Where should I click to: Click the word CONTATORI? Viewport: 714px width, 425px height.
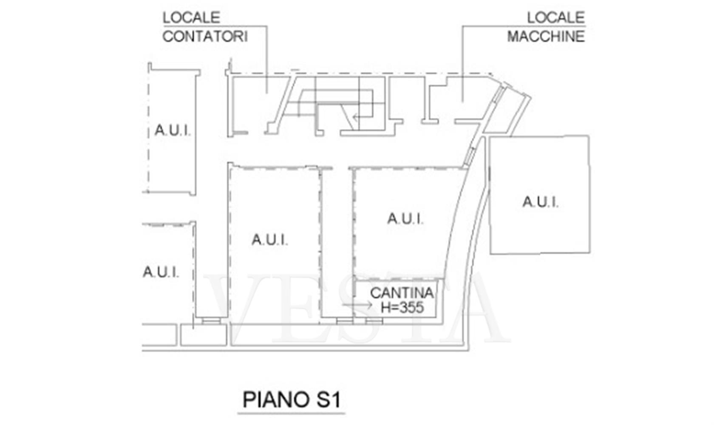(205, 37)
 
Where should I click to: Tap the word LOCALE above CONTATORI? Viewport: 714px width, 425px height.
(191, 17)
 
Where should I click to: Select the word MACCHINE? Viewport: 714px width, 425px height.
(546, 37)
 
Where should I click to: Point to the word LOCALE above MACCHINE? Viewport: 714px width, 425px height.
(556, 17)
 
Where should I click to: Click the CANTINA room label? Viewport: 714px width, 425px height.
(402, 293)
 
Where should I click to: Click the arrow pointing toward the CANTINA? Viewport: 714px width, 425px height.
(357, 305)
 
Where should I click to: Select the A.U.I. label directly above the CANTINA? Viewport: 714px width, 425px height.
(405, 219)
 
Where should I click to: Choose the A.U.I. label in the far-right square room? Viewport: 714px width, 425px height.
(541, 202)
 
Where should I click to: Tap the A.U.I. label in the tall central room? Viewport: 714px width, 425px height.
(270, 240)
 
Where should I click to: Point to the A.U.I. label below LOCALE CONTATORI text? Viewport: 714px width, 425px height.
(173, 130)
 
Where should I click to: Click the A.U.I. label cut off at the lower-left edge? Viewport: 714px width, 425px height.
(161, 272)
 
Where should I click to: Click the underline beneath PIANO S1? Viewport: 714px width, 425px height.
(292, 414)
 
